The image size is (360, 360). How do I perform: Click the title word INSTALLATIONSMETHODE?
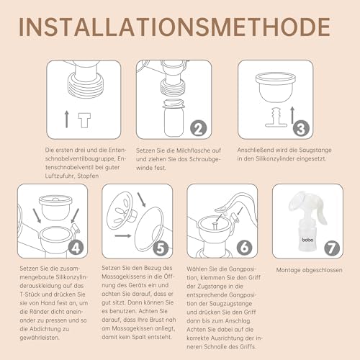pos(174,27)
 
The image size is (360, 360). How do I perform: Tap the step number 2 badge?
pos(199,128)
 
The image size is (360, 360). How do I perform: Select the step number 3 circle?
pos(301,128)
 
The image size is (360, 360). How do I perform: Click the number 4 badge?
pos(76,248)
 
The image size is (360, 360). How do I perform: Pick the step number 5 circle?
pos(161,248)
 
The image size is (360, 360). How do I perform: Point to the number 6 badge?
pos(245,248)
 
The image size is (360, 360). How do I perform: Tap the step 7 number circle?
pos(332,248)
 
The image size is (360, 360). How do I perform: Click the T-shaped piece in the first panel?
pos(84,120)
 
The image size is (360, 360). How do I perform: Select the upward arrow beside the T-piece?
pos(67,119)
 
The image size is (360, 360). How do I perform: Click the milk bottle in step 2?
pos(174,118)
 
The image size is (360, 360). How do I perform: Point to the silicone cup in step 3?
pos(276,87)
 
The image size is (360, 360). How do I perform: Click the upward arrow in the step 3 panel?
pos(292,115)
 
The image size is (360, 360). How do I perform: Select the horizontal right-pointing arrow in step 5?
pos(123,235)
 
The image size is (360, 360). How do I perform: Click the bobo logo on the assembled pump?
pos(307,240)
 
